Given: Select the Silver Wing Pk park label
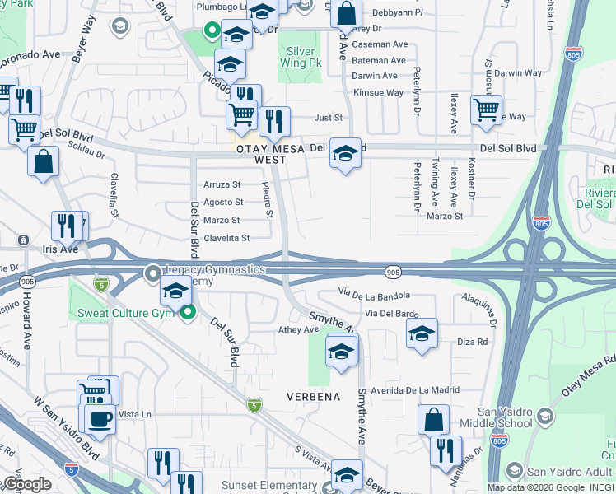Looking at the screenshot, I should pyautogui.click(x=301, y=57).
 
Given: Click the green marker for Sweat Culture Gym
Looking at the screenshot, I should pyautogui.click(x=189, y=312).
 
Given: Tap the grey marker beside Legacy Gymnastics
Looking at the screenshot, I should pyautogui.click(x=153, y=272).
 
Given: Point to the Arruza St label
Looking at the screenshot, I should pyautogui.click(x=222, y=185).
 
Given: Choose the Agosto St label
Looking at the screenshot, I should pyautogui.click(x=222, y=203).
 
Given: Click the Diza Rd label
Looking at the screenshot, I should pyautogui.click(x=472, y=341).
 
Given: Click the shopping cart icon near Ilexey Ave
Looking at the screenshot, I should pyautogui.click(x=486, y=109).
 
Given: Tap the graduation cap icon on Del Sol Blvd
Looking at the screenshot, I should pyautogui.click(x=346, y=153).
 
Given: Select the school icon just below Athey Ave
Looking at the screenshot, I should pyautogui.click(x=342, y=352).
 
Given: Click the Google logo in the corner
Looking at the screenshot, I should pyautogui.click(x=26, y=484).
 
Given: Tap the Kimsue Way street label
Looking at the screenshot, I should pyautogui.click(x=378, y=93).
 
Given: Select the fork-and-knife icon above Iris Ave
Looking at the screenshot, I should pyautogui.click(x=67, y=226).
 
